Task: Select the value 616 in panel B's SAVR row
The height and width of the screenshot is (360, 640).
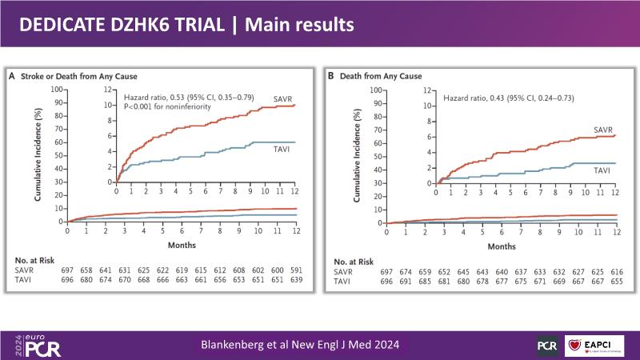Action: (x=615, y=270)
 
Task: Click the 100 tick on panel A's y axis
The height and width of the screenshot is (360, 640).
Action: (x=57, y=89)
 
